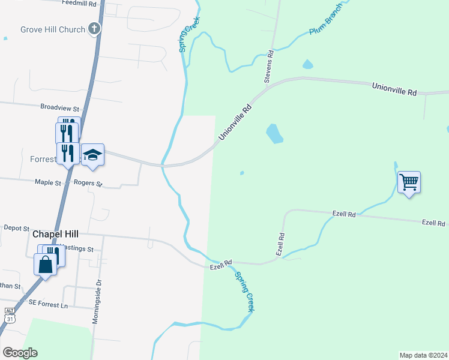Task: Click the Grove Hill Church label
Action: pyautogui.click(x=52, y=29)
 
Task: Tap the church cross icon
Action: pyautogui.click(x=94, y=28)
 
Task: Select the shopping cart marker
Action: pyautogui.click(x=409, y=181)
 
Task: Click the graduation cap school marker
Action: pyautogui.click(x=92, y=155)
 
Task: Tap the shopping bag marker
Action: pyautogui.click(x=46, y=264)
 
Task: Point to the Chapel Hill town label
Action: pyautogui.click(x=56, y=234)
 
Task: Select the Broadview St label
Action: pyautogui.click(x=60, y=108)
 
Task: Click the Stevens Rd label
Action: pyautogui.click(x=270, y=67)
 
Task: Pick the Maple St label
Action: pyautogui.click(x=49, y=182)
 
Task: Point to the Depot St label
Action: pyautogui.click(x=17, y=228)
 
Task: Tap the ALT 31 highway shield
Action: pyautogui.click(x=9, y=315)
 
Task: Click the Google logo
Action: pyautogui.click(x=20, y=353)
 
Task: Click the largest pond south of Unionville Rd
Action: pyautogui.click(x=274, y=133)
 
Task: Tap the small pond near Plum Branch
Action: pyautogui.click(x=308, y=64)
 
